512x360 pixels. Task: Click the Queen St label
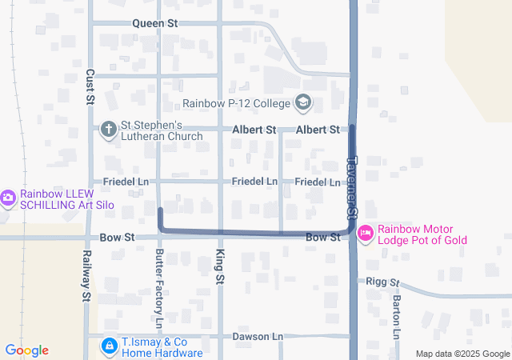(155, 24)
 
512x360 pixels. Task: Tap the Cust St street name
(90, 87)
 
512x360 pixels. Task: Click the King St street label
(219, 267)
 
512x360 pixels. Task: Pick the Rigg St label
(382, 282)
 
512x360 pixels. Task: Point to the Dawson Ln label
(258, 337)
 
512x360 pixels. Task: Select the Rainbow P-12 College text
(237, 102)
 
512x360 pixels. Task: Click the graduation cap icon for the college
(303, 102)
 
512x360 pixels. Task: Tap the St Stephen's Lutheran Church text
(162, 130)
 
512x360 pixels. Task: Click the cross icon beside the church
(109, 130)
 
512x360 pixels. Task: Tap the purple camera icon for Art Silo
(8, 197)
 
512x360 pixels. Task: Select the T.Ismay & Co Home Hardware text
(161, 346)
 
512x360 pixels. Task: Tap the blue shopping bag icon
(109, 346)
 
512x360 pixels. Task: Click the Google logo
(26, 350)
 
